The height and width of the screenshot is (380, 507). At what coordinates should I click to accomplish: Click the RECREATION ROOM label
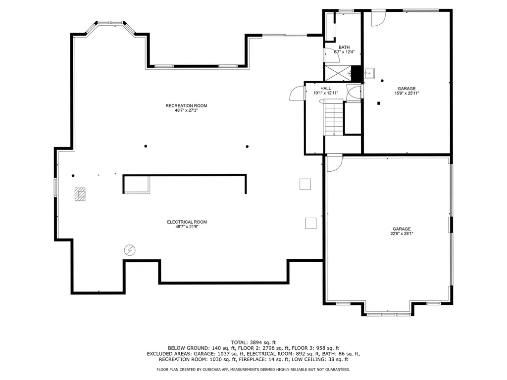click(x=186, y=105)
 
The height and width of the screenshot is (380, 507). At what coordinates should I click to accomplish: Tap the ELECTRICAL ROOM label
click(x=187, y=222)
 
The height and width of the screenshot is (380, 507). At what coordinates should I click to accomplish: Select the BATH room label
click(x=344, y=47)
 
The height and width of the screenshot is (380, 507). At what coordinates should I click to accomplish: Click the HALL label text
click(x=325, y=89)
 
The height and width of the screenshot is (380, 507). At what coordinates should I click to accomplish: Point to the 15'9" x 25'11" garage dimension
click(x=406, y=93)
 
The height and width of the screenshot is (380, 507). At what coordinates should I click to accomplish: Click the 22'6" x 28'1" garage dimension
click(x=402, y=234)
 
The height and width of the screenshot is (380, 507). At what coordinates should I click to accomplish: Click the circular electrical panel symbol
click(x=130, y=250)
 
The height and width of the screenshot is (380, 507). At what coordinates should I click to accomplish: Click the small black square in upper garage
click(x=379, y=103)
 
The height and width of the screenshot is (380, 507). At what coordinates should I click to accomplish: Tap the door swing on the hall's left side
click(x=296, y=93)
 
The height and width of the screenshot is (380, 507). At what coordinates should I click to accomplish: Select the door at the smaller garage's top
click(x=378, y=18)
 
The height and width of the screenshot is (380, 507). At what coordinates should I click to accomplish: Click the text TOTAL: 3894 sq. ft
click(x=253, y=342)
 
